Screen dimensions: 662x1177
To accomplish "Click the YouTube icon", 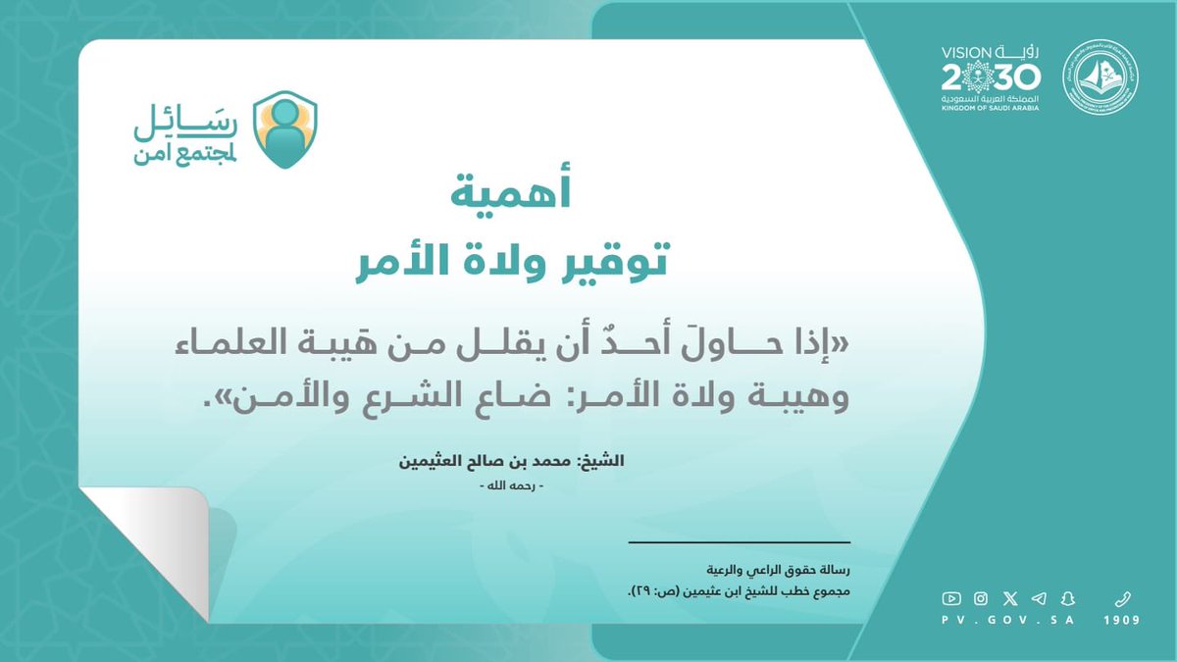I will [950, 598].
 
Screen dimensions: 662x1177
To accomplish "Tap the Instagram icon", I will [980, 598].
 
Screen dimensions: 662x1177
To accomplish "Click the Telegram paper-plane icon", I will [1039, 598].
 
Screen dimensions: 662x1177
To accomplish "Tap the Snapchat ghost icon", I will [1068, 598].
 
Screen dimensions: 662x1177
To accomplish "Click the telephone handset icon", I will [1122, 598].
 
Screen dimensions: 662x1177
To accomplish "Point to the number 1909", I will [1122, 621].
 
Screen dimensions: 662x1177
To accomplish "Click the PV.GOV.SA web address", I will [1009, 621].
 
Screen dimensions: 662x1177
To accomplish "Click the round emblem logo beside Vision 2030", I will [1100, 76].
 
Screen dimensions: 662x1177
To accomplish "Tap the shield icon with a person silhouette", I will [284, 130].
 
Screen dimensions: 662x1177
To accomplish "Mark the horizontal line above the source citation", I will [739, 542].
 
